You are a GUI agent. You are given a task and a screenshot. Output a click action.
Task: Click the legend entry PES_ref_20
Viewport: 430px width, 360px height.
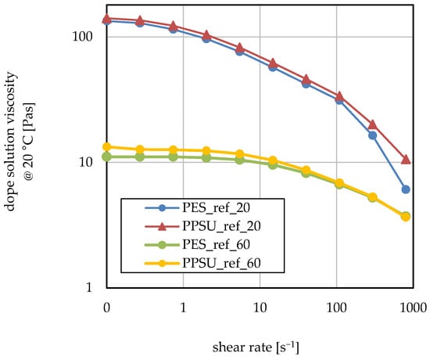[x=216, y=208]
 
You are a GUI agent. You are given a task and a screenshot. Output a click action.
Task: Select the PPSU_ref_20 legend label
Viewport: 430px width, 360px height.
[x=221, y=226]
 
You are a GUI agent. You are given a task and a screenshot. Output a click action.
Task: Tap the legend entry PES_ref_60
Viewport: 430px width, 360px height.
[x=216, y=245]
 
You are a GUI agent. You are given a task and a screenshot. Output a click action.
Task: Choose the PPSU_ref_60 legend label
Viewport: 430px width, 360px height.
[x=221, y=263]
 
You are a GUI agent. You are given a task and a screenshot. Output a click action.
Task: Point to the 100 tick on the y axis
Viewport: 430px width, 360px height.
[x=82, y=37]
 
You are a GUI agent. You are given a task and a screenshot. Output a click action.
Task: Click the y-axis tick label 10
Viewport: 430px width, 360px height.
[x=85, y=162]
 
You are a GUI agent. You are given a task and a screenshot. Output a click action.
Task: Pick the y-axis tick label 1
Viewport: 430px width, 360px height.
[x=89, y=287]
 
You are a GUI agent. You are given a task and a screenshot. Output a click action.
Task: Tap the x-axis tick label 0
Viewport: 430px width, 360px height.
[x=106, y=308]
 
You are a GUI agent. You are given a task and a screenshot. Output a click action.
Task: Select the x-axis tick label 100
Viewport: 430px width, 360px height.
[x=336, y=308]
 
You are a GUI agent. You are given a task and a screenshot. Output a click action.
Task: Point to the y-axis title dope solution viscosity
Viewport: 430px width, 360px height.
[x=10, y=142]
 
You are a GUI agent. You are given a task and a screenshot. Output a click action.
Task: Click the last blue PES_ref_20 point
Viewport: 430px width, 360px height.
[x=406, y=189]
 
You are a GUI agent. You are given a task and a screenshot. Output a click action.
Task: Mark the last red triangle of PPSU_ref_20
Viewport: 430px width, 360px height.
[x=406, y=160]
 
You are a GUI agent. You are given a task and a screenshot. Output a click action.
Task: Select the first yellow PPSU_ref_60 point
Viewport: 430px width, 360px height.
[x=106, y=146]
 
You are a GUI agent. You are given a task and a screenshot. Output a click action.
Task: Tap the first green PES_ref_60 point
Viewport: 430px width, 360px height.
[x=106, y=157]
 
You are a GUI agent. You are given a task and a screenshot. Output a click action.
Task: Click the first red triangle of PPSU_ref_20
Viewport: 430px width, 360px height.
[x=106, y=19]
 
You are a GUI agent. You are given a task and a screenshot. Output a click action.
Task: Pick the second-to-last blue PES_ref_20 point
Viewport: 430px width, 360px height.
[x=372, y=135]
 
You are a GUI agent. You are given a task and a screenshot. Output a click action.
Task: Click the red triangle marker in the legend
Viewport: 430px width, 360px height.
[x=163, y=227]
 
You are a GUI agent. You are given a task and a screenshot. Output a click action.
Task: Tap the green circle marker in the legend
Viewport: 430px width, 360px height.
[x=163, y=245]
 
